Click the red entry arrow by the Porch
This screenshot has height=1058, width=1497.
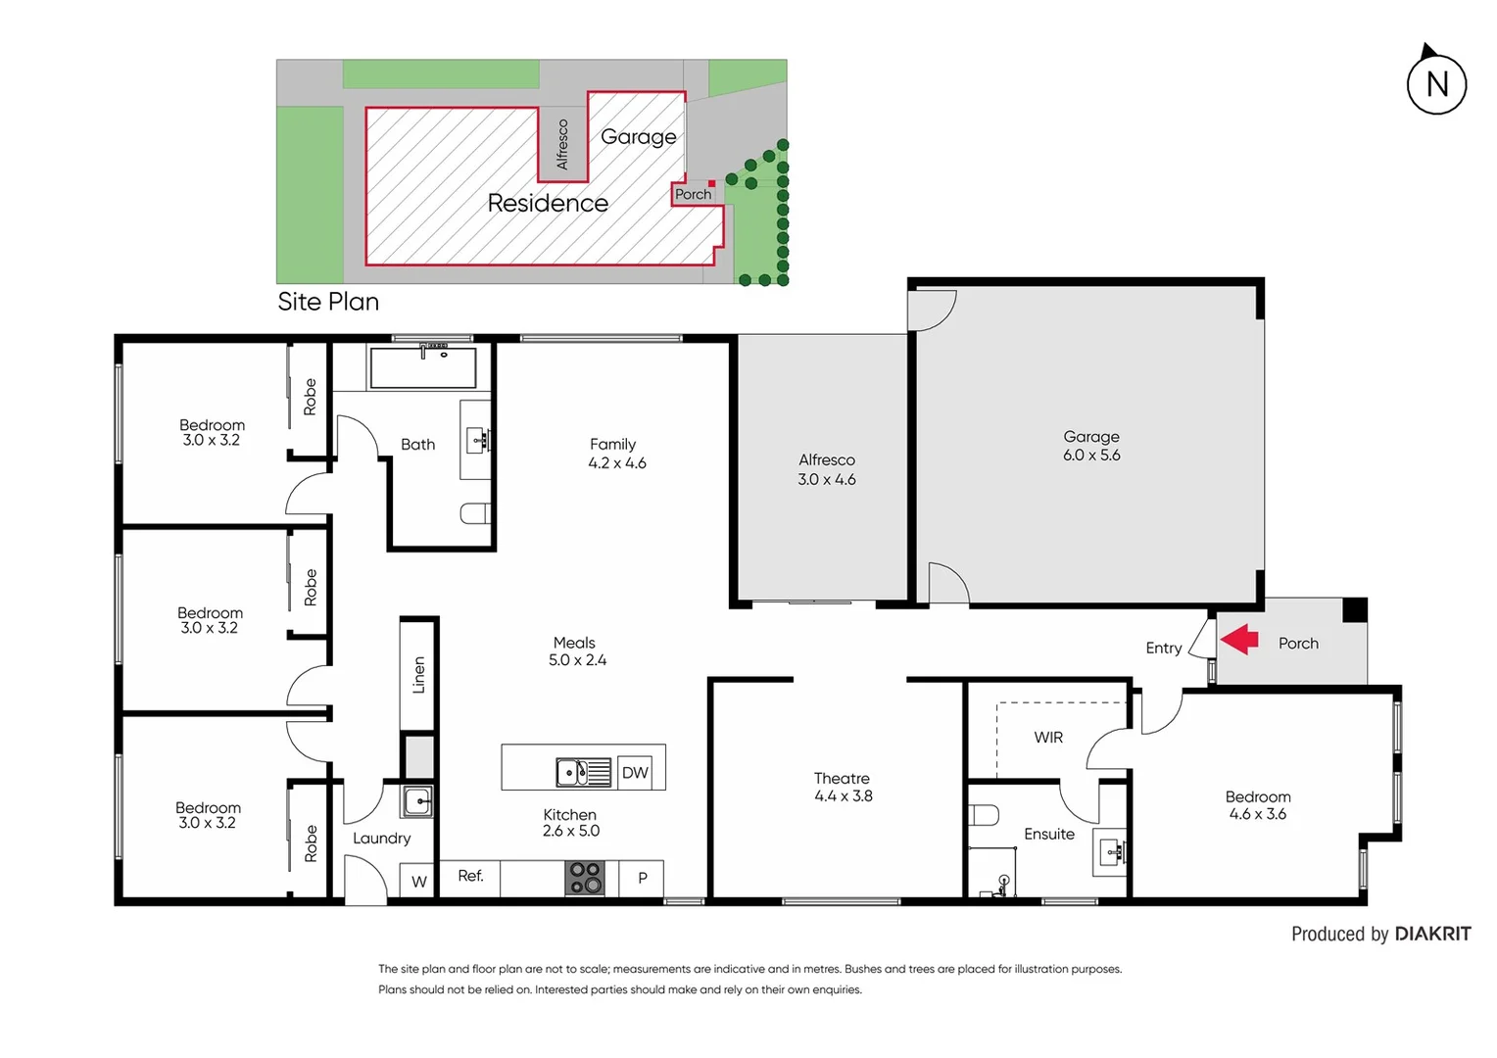[1239, 640]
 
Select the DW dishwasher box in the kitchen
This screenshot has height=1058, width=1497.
[635, 773]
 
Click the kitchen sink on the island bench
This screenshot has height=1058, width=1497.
[583, 773]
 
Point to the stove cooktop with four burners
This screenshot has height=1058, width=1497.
[585, 878]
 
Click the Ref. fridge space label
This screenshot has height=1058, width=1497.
[470, 876]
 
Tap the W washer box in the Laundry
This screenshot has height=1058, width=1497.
[419, 882]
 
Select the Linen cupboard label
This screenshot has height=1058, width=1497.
[419, 675]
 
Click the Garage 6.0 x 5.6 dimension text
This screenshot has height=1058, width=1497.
[1091, 456]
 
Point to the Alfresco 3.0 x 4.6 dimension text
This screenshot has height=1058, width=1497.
[826, 480]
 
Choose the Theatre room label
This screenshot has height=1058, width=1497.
[842, 779]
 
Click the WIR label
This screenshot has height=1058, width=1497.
[1048, 738]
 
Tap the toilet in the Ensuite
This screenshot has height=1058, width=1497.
[984, 815]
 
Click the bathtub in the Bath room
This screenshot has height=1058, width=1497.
[423, 367]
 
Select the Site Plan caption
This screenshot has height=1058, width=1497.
[328, 302]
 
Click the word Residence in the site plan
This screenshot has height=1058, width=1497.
[548, 203]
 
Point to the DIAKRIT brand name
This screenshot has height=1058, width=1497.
[1432, 934]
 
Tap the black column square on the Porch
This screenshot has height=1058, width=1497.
[1354, 609]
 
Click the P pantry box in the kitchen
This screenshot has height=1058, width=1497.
[643, 878]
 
